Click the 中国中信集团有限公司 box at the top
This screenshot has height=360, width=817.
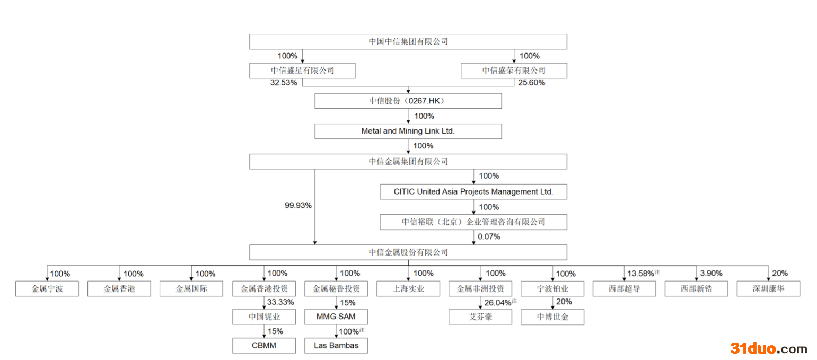pos(408,41)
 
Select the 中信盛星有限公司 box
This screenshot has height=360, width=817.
pos(302,71)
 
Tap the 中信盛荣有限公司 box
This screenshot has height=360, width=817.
pos(513,71)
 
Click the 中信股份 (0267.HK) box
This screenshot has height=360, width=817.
pos(408,101)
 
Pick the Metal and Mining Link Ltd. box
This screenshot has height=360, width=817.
pos(408,131)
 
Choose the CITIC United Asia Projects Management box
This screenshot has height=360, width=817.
pos(473,192)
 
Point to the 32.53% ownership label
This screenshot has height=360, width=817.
pos(284,83)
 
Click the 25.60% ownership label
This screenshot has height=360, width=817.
pos(532,83)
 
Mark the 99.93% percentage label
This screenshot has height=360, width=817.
pos(298,205)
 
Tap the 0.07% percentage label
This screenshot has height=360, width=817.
pos(489,236)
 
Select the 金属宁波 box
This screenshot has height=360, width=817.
pos(47,289)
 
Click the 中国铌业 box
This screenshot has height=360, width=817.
pos(264,317)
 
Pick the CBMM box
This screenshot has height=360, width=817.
pos(264,346)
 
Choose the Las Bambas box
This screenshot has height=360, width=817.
pos(336,346)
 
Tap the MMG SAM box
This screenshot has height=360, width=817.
pos(336,317)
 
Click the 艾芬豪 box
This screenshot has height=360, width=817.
pos(480,317)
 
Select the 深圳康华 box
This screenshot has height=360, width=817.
pos(768,289)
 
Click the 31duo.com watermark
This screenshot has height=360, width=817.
pos(769,348)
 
